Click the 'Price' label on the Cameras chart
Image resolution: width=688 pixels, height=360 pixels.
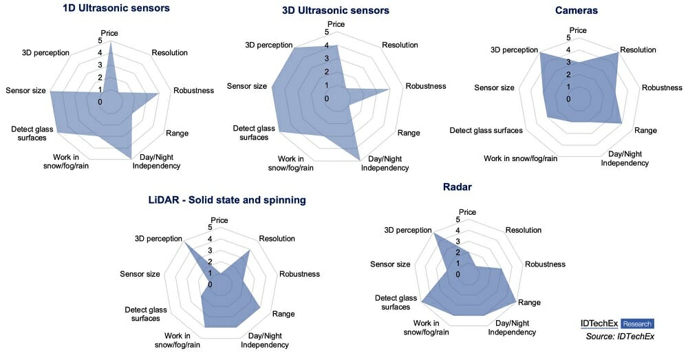tap(578, 30)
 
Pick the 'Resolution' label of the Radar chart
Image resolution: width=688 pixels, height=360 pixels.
tap(524, 230)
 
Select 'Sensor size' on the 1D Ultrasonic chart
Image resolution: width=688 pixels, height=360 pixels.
tap(25, 90)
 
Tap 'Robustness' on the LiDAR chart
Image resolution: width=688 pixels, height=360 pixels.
tap(299, 273)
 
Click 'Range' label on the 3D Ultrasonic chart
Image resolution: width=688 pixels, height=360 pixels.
tap(409, 133)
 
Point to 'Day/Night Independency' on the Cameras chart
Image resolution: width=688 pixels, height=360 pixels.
tap(625, 158)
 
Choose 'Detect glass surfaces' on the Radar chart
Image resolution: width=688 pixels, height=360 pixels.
tap(396, 302)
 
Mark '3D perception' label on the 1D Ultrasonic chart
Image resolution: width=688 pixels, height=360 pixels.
tap(47, 52)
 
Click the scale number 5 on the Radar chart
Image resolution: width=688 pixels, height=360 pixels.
tap(458, 220)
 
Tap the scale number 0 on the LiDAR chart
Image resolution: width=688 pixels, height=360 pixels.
tap(211, 284)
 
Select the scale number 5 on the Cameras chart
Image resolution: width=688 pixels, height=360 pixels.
tap(568, 38)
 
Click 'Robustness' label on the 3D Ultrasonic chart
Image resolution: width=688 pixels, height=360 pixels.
tap(426, 86)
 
